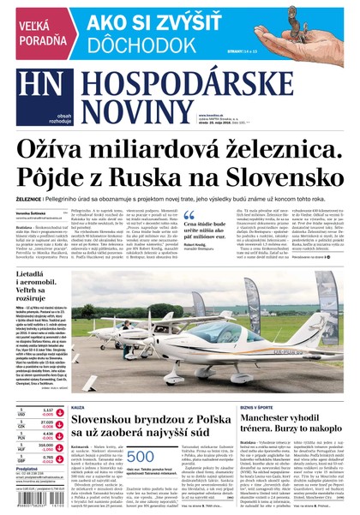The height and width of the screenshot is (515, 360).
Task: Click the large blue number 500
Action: pos(140,458)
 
